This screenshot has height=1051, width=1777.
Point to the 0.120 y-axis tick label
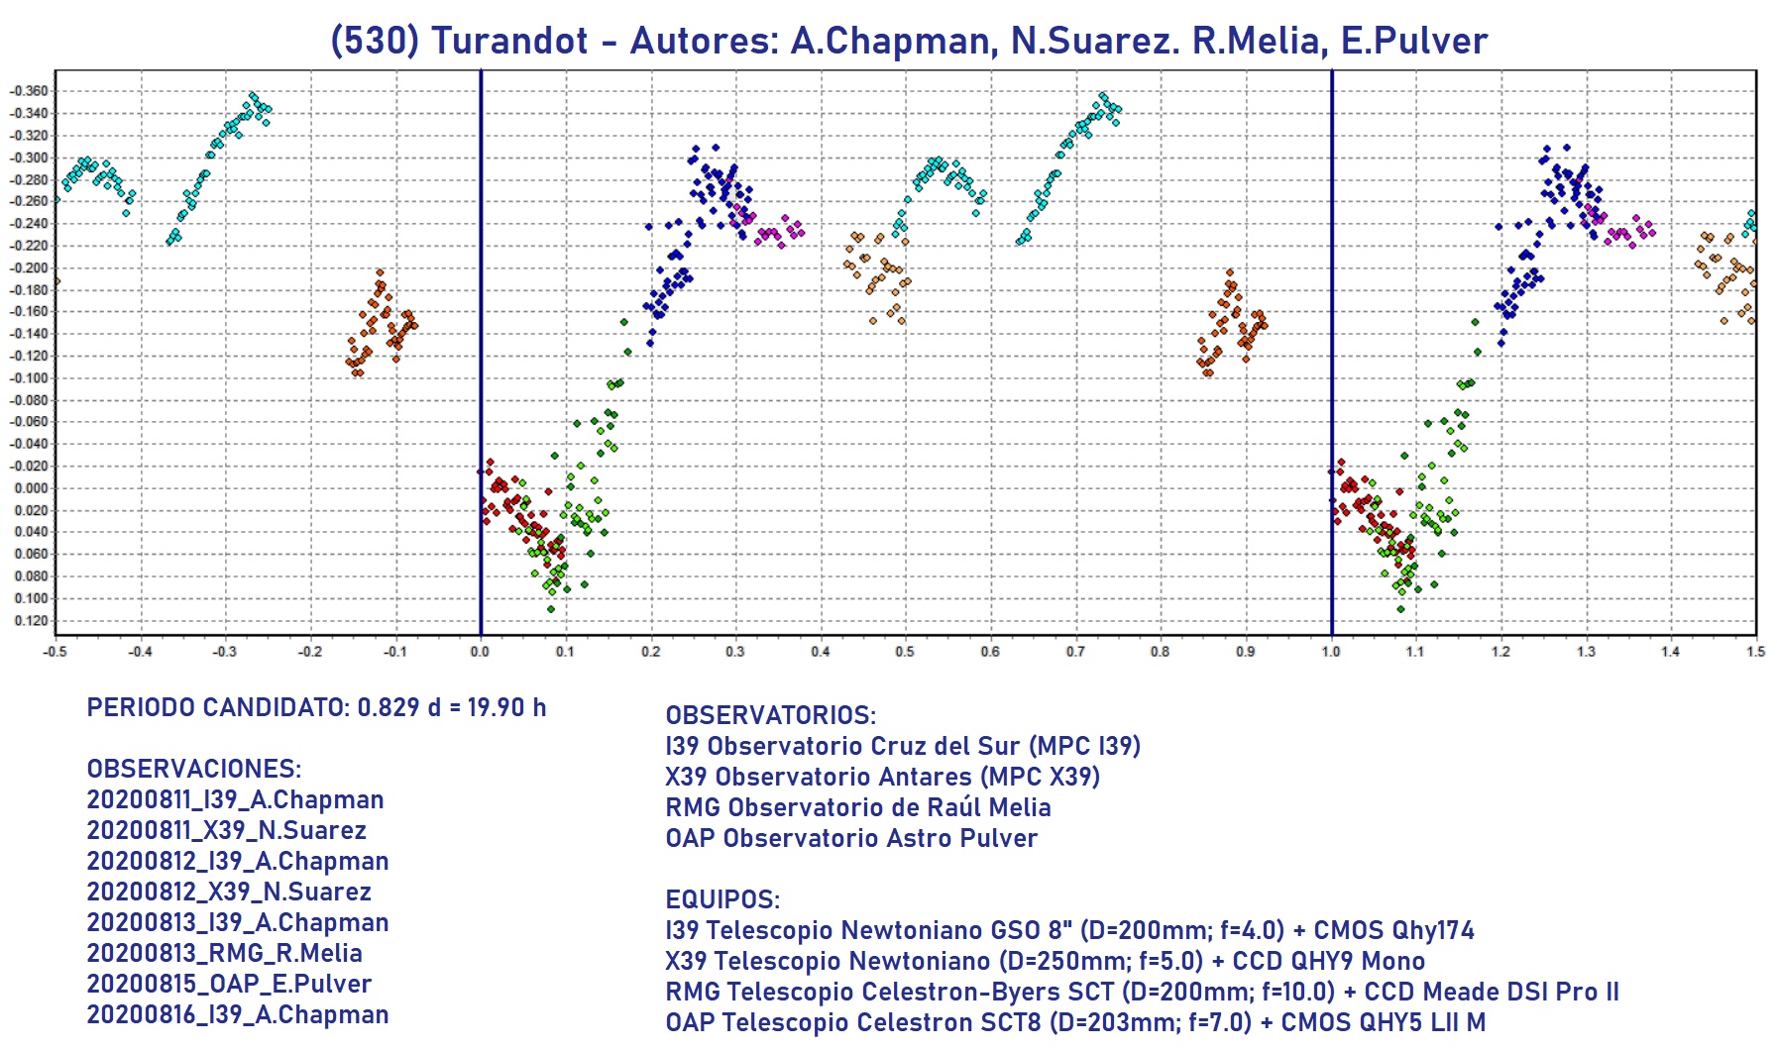tap(30, 621)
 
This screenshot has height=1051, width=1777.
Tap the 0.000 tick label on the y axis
tap(30, 488)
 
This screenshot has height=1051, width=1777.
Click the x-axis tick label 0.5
tap(905, 652)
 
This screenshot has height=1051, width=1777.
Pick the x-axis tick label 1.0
tap(1331, 652)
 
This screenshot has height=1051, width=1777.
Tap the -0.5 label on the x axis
tap(55, 652)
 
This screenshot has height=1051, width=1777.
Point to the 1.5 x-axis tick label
tap(1755, 652)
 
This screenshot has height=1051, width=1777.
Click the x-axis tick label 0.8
tap(1160, 652)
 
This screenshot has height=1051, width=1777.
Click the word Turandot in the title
tap(509, 42)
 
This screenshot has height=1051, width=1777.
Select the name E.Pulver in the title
tap(1414, 42)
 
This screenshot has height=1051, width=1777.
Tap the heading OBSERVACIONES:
tap(194, 769)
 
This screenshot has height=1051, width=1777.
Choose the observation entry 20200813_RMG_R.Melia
tap(224, 953)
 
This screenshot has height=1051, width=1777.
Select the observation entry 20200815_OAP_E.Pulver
tap(229, 984)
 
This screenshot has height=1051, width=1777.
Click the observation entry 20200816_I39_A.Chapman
tap(238, 1014)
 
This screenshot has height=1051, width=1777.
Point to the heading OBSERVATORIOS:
tap(771, 715)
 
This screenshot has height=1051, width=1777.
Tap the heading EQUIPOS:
tap(722, 899)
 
